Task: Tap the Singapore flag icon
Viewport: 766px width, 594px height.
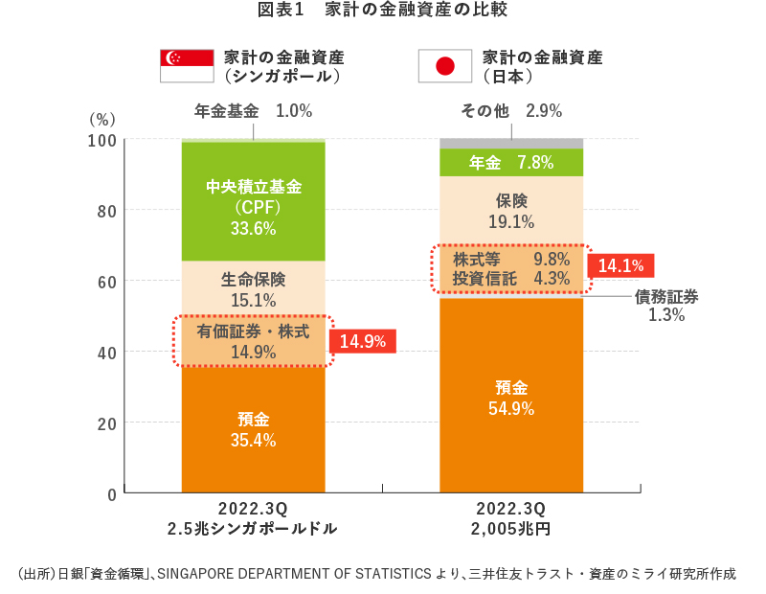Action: [185, 65]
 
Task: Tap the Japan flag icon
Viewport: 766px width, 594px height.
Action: [444, 65]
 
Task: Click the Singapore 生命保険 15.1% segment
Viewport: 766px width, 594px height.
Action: [253, 288]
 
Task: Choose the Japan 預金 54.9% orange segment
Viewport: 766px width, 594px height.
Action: [511, 397]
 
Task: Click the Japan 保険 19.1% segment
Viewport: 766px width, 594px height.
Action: [511, 211]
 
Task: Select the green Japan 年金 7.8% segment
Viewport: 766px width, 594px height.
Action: [511, 163]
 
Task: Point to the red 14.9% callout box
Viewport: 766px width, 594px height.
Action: [361, 341]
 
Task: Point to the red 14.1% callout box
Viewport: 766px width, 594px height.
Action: [620, 265]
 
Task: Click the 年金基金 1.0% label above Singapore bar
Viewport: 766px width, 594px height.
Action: [253, 110]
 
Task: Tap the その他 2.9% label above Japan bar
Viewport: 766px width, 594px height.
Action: [511, 110]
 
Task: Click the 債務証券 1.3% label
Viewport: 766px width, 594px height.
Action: [666, 306]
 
